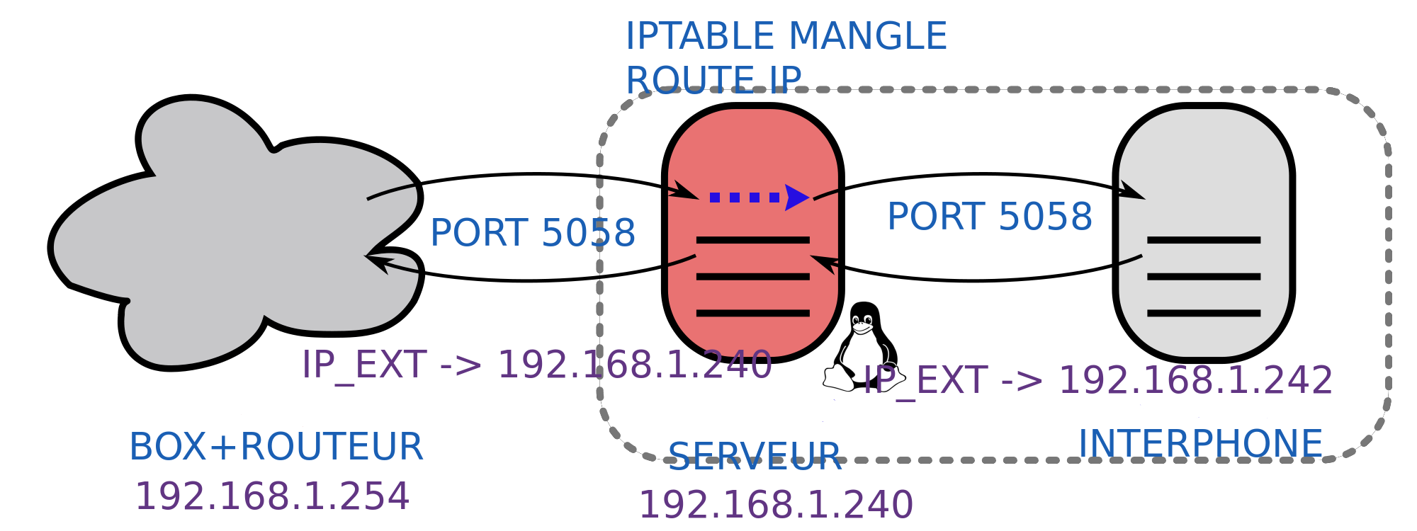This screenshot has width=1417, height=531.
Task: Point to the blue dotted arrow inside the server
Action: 758,198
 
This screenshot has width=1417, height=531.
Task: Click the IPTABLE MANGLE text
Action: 786,36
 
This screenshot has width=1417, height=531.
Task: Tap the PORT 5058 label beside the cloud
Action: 533,233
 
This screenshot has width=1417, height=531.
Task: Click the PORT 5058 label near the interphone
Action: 990,217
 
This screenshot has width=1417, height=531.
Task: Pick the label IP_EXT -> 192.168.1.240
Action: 536,365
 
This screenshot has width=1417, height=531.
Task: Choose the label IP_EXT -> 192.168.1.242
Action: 1097,380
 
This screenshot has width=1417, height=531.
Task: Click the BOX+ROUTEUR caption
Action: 276,447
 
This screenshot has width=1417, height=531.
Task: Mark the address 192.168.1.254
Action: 272,496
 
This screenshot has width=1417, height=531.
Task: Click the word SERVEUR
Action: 755,457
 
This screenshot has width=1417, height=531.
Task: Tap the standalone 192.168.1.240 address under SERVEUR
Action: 776,505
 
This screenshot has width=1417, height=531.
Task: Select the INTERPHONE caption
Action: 1200,444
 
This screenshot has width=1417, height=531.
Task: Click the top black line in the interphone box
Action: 1204,240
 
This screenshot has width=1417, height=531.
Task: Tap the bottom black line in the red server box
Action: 752,313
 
